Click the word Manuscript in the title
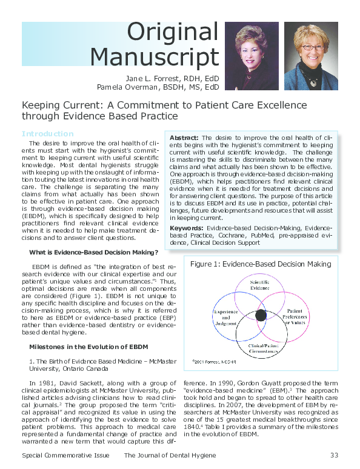tap(154, 57)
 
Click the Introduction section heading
tap(47, 133)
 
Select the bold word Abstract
tap(184, 138)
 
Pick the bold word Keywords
tap(187, 228)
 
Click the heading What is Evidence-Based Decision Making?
tap(93, 252)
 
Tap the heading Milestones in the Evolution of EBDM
tap(88, 347)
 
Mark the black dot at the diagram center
tap(261, 315)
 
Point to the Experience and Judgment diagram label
tap(225, 315)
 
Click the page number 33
tap(334, 455)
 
